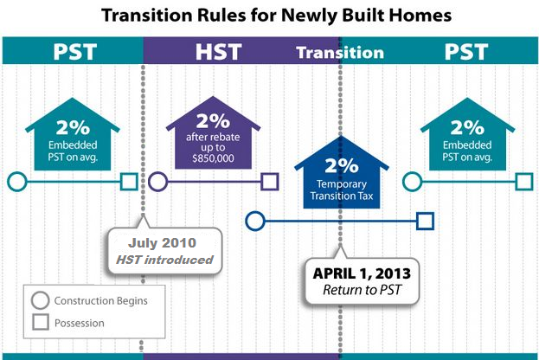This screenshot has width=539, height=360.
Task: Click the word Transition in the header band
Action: (x=340, y=53)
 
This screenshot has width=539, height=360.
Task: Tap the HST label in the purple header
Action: (x=219, y=52)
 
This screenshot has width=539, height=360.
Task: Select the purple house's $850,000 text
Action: (x=213, y=158)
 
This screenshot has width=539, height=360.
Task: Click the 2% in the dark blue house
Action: (x=342, y=165)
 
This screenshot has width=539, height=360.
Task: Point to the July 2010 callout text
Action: (x=162, y=243)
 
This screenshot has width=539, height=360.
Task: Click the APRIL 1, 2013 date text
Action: (x=362, y=273)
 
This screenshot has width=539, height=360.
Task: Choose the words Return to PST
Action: (x=362, y=290)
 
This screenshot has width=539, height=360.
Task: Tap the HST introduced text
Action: (x=164, y=260)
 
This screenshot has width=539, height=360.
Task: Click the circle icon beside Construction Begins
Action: (x=40, y=300)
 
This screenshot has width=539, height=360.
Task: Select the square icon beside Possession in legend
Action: (x=40, y=322)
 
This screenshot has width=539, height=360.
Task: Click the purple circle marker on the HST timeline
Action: (x=157, y=182)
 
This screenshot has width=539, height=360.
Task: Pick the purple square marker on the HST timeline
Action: (x=270, y=182)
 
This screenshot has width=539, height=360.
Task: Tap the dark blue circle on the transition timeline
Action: (x=255, y=221)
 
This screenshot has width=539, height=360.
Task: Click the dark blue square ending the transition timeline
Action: (x=425, y=221)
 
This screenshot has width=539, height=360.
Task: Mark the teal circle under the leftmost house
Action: (x=16, y=182)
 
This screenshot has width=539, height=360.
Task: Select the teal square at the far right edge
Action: (x=524, y=182)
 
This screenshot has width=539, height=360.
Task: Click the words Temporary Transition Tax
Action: (x=342, y=190)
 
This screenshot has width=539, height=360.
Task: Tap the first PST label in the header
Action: (x=75, y=52)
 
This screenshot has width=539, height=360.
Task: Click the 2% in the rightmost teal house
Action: (x=467, y=127)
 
